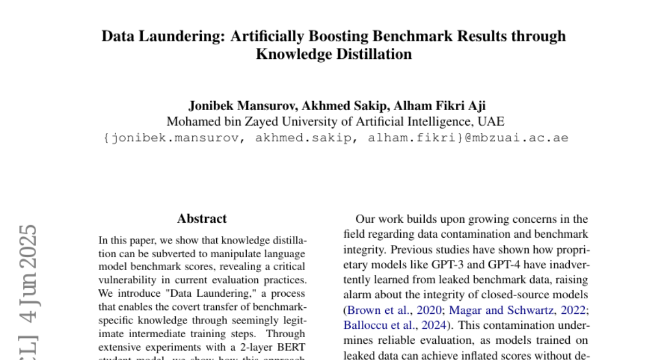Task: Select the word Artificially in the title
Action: (265, 36)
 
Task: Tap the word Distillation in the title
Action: (371, 54)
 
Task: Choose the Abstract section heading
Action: (202, 219)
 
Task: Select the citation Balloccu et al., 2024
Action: (395, 324)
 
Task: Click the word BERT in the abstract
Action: (291, 346)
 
